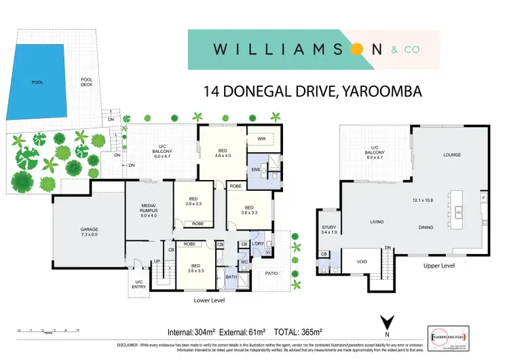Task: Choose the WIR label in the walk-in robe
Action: coord(261,139)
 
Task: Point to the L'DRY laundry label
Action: coord(258,244)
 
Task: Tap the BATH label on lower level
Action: coord(231,276)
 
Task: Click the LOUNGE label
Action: coord(452,155)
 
